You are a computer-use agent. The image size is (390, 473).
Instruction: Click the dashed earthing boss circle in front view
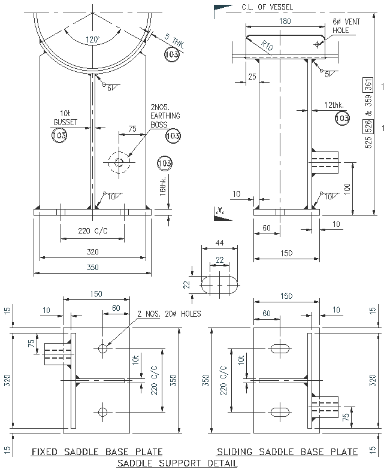[119, 161]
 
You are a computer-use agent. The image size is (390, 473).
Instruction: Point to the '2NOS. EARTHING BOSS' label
[166, 115]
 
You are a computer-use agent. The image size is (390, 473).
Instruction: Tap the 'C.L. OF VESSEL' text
[267, 7]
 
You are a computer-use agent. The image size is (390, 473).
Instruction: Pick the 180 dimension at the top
[285, 21]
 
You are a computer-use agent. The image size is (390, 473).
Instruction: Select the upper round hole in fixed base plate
[103, 348]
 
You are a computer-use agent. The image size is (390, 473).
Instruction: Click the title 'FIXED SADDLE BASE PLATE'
[96, 451]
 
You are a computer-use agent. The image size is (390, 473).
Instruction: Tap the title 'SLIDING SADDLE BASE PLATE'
[287, 451]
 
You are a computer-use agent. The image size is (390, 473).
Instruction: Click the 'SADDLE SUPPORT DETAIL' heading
[177, 463]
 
